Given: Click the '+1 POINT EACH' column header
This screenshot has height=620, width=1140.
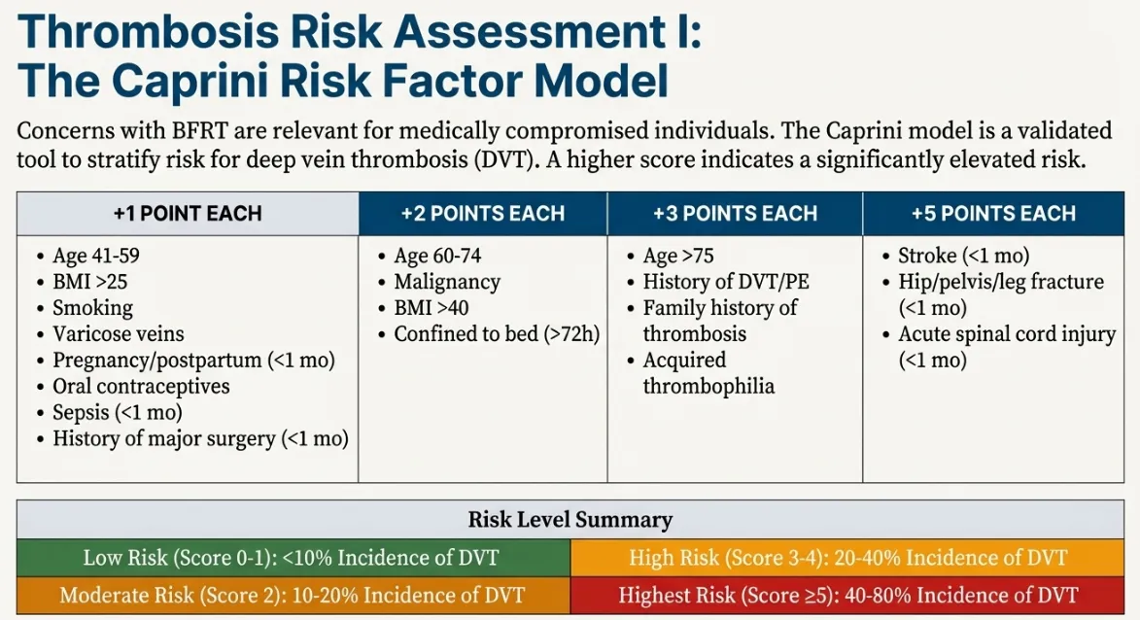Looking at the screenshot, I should (x=188, y=213).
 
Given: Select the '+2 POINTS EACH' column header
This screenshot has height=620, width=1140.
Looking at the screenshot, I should (x=483, y=213).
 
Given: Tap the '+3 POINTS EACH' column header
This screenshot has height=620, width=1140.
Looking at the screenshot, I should (x=735, y=213).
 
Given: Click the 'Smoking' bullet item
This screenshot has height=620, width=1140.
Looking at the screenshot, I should (x=92, y=308).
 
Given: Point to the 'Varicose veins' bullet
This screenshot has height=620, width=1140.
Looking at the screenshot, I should (x=118, y=334).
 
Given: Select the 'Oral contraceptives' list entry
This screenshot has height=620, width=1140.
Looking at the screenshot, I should (x=141, y=386).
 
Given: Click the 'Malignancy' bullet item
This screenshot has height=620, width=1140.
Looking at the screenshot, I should (x=446, y=282).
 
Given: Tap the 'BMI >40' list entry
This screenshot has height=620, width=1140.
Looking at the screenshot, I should (x=435, y=308).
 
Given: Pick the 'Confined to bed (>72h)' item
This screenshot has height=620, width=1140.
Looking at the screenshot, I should (x=497, y=334).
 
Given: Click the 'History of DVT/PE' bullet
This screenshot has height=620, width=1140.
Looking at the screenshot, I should (x=726, y=282).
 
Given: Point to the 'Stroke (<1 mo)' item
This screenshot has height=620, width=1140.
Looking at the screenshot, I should (x=963, y=256).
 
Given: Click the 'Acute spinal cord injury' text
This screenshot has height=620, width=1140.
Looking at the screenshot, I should (x=1006, y=334).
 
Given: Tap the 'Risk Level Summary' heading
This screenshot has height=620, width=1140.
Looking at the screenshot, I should (x=570, y=519).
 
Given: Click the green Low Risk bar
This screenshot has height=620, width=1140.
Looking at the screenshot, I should (x=292, y=558).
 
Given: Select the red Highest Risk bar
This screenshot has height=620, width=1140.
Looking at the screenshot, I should (x=848, y=595).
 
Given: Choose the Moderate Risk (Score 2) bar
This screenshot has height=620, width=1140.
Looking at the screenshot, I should (x=292, y=595).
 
